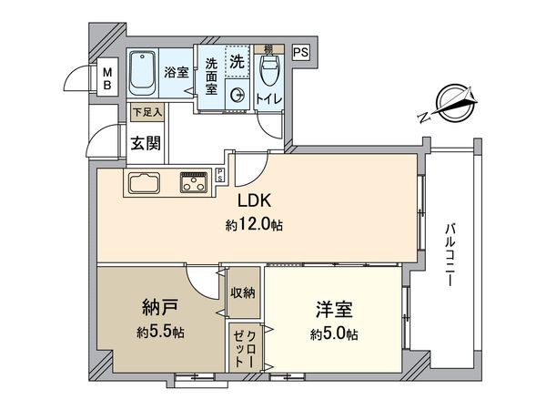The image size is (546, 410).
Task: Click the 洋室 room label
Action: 334,309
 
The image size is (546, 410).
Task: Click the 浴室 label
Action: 175,70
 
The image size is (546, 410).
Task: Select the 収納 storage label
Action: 243,292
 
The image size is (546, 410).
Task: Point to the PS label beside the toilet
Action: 301,53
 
